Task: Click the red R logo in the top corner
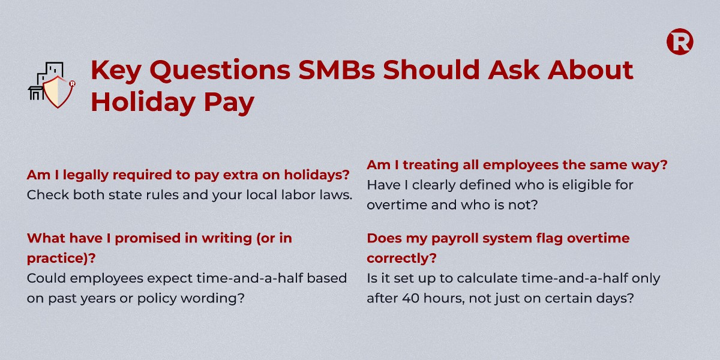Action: pyautogui.click(x=680, y=42)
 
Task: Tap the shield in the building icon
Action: pyautogui.click(x=58, y=92)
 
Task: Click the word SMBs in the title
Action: pyautogui.click(x=336, y=70)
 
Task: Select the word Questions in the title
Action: pyautogui.click(x=220, y=70)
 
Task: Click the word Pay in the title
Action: pyautogui.click(x=229, y=103)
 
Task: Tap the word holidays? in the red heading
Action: pyautogui.click(x=317, y=175)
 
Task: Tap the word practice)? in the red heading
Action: pyautogui.click(x=61, y=259)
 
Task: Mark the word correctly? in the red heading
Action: pyautogui.click(x=402, y=259)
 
